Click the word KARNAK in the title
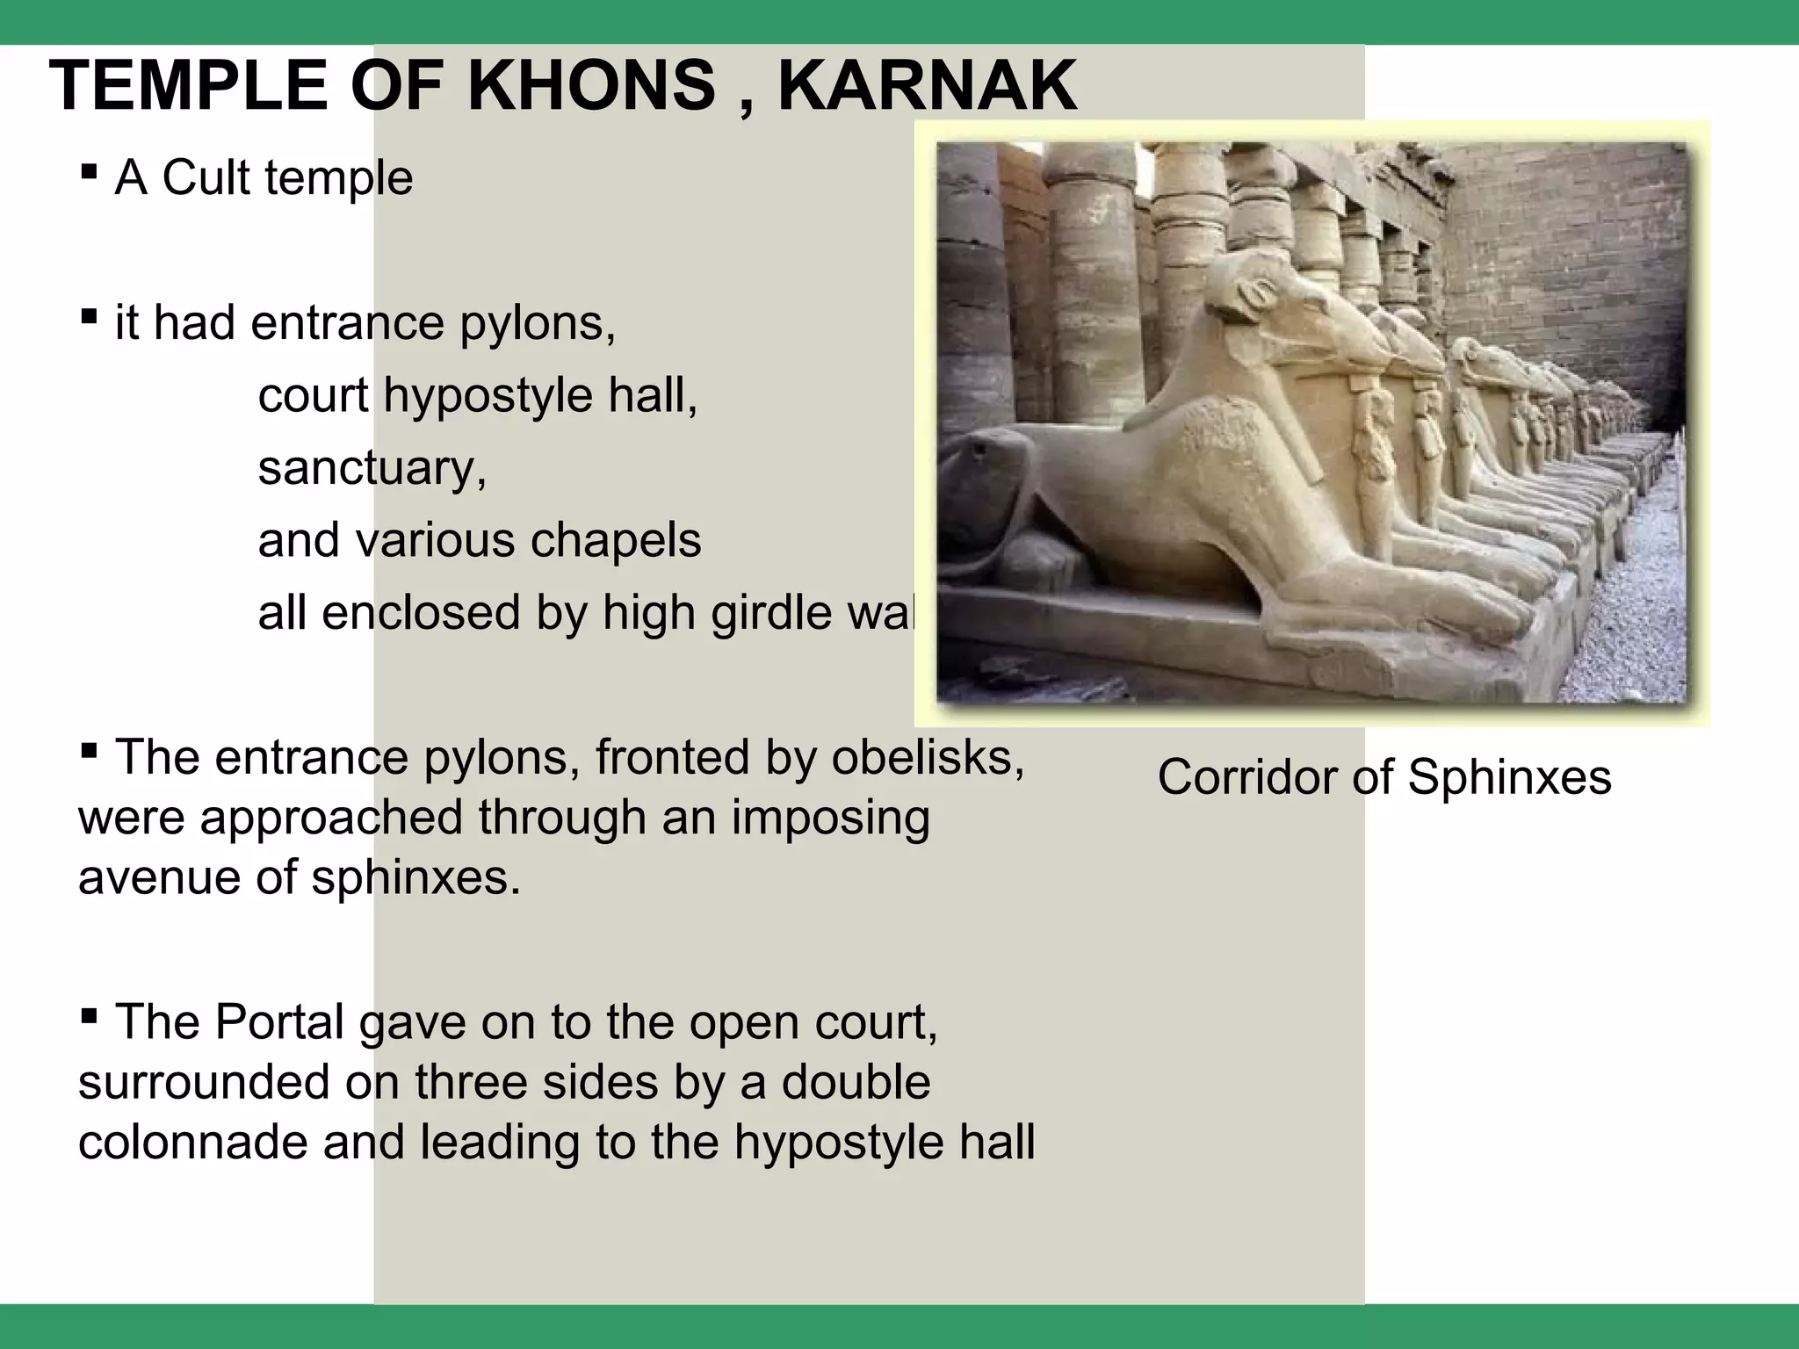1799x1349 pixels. (x=927, y=86)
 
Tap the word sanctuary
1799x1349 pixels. (x=372, y=468)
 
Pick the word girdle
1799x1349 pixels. (x=762, y=613)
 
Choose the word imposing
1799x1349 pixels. (x=830, y=818)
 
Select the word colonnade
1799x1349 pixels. (x=192, y=1143)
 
